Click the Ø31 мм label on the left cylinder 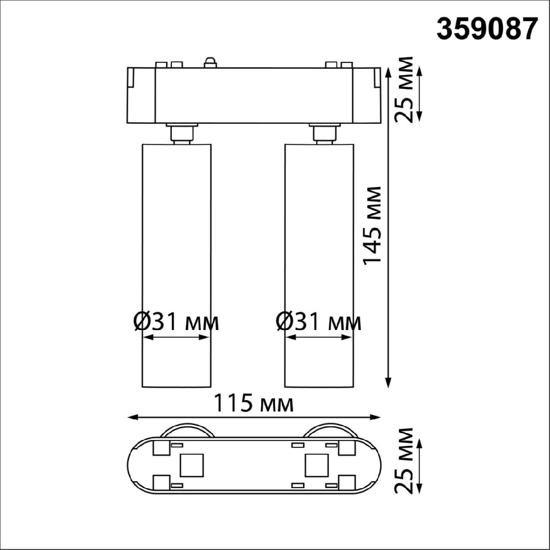(176, 322)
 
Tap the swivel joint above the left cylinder (181, 133)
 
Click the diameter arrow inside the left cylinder (176, 337)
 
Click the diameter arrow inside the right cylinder (319, 337)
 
